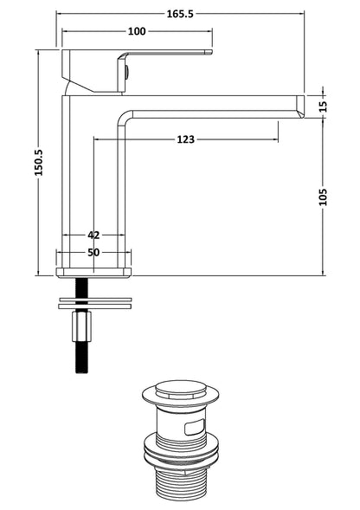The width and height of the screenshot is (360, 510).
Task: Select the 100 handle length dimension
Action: [x=136, y=32]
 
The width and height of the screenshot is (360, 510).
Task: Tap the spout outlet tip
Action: [x=299, y=105]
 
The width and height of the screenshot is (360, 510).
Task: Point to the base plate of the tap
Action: [x=94, y=270]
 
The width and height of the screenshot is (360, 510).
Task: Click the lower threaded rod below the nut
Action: [x=84, y=358]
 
